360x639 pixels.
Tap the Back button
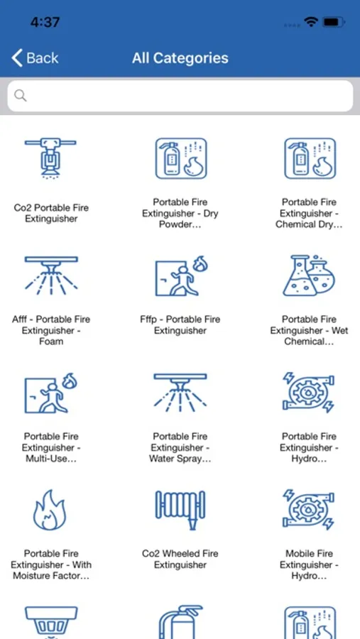(35, 58)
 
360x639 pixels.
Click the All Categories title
(180, 58)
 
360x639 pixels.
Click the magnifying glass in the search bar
(21, 96)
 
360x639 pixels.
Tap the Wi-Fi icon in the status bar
(311, 22)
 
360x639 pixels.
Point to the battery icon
(334, 22)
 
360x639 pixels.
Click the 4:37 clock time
(45, 22)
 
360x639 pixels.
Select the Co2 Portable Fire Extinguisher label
(51, 213)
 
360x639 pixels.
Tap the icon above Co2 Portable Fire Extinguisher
(50, 158)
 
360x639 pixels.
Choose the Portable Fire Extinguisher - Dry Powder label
(180, 213)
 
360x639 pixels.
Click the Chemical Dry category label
(309, 213)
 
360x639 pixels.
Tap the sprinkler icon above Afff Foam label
(51, 275)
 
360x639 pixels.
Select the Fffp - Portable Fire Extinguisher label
(180, 324)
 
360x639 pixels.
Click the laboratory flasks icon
(309, 275)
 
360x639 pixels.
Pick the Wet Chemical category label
(309, 330)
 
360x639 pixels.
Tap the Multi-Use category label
(51, 447)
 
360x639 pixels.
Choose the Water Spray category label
(180, 447)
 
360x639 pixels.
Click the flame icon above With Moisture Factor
(49, 510)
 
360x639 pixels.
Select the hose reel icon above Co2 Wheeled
(180, 510)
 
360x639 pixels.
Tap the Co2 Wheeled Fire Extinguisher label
(180, 559)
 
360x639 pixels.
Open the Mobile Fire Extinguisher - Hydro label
(309, 564)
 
